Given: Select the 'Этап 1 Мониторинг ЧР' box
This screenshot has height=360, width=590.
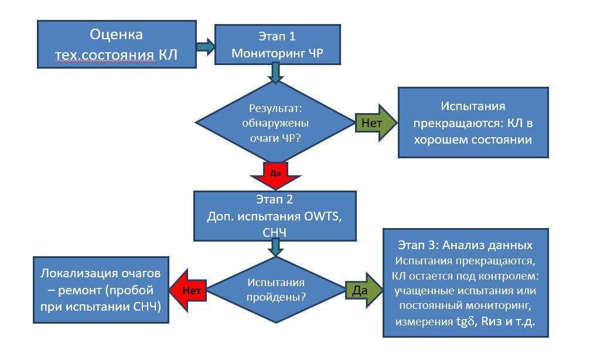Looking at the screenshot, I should (278, 45).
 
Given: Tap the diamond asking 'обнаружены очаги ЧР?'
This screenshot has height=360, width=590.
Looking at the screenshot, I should (275, 124).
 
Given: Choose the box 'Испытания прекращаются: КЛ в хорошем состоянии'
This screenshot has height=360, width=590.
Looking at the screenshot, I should (473, 123).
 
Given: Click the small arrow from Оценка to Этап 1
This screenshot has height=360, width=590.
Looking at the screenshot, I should (204, 46).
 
